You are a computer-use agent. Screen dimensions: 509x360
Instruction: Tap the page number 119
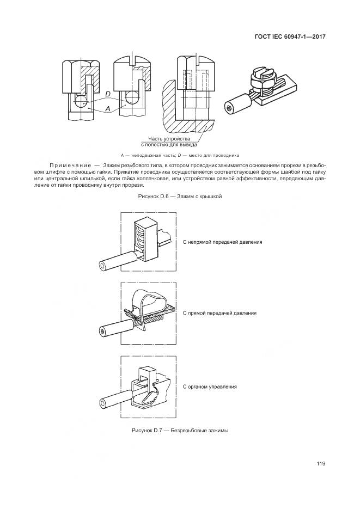tap(320, 463)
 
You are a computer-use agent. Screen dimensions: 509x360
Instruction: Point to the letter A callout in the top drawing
tap(107, 109)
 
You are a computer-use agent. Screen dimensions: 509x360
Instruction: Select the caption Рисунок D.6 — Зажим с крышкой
tap(180, 195)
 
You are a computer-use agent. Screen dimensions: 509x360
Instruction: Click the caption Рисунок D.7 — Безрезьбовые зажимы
tap(180, 430)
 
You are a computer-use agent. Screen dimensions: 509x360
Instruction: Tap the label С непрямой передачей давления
tap(222, 241)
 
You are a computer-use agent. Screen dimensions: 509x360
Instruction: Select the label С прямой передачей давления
tap(219, 314)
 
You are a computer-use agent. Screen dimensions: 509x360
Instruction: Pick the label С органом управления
tap(210, 386)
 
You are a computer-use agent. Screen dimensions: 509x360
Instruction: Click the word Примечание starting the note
tap(70, 165)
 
